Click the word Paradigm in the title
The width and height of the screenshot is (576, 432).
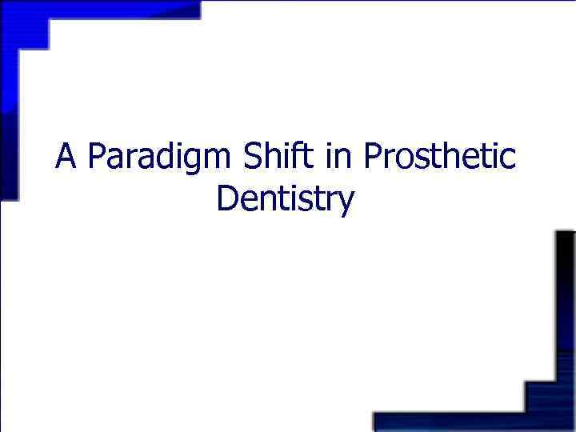160,158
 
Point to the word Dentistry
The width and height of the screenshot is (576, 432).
284,200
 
